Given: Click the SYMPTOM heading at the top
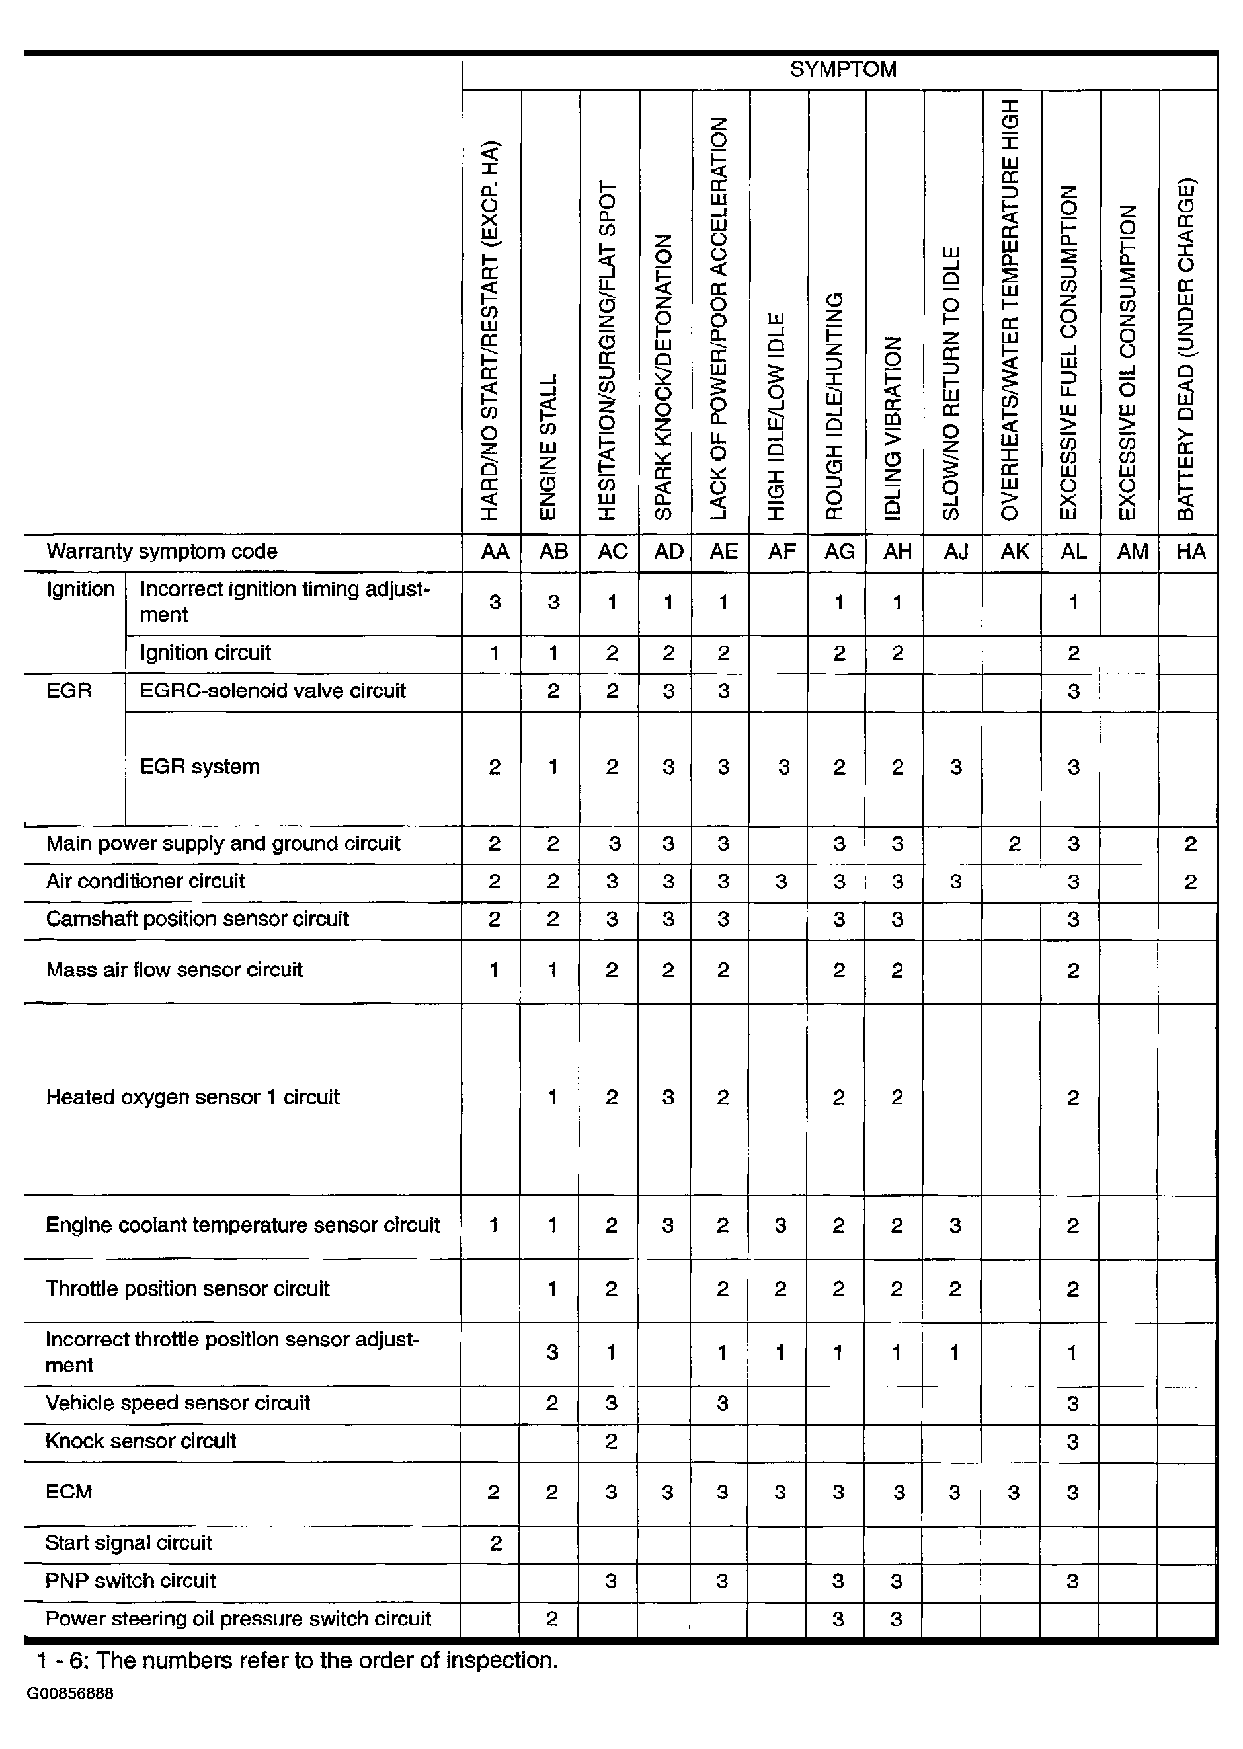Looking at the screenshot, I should click(843, 69).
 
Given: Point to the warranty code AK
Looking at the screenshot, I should click(1015, 552).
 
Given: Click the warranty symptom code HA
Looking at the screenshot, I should click(1191, 552).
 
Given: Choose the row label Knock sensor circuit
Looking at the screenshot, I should click(141, 1442).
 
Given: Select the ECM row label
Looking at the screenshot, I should click(69, 1492).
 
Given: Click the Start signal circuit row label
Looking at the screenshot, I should click(128, 1543).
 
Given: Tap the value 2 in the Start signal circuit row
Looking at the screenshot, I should click(495, 1544).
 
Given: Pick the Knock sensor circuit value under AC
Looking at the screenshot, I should click(611, 1442).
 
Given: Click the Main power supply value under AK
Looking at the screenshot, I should click(1014, 844).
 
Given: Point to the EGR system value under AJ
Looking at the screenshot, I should click(955, 767).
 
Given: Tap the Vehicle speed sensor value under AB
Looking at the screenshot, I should click(552, 1403).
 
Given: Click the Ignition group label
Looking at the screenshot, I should click(81, 589).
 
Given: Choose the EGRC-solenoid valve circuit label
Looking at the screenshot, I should click(272, 691).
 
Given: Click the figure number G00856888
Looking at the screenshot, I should click(71, 1694).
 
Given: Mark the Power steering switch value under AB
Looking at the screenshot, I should click(551, 1619).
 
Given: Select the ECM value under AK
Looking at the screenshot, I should click(1014, 1493).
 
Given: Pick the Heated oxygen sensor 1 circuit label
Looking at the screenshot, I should click(192, 1097).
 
